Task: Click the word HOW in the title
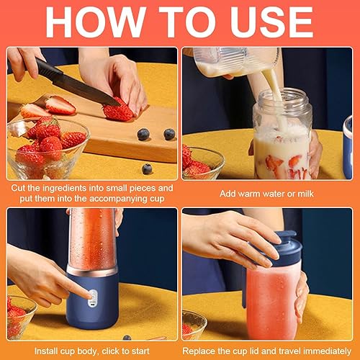point(96,22)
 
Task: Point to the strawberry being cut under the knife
point(117,111)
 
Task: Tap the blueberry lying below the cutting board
point(147,169)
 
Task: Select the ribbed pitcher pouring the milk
point(236,62)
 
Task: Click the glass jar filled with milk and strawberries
point(283,135)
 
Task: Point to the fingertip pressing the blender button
point(90,297)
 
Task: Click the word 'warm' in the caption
point(250,194)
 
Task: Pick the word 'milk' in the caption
point(305,194)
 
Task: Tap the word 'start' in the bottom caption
point(139,351)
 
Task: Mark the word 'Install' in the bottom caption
point(46,351)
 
